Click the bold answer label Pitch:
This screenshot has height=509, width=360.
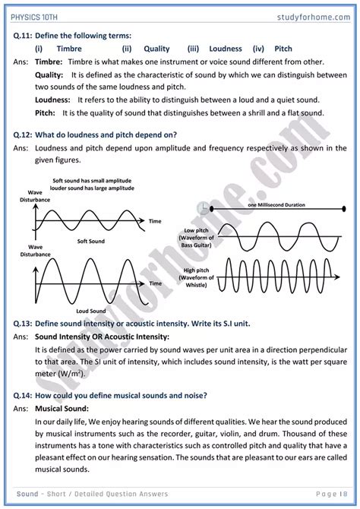[47, 112]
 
